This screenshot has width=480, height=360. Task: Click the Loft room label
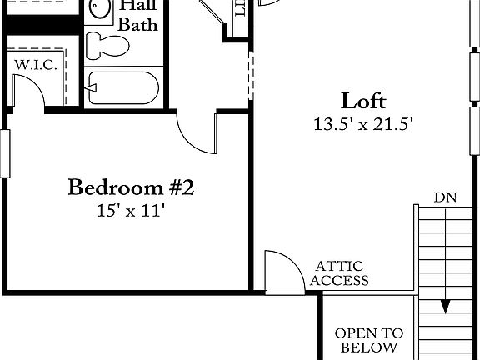tap(363, 102)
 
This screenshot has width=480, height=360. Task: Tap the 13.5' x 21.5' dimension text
tap(363, 125)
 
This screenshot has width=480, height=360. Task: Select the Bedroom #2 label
tap(131, 187)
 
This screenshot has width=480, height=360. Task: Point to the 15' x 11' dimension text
tap(131, 211)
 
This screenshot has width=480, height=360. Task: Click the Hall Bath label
tap(137, 16)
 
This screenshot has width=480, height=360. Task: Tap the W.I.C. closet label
tap(35, 65)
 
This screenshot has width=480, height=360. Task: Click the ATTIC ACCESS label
tap(339, 273)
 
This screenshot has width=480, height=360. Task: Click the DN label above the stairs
tap(444, 197)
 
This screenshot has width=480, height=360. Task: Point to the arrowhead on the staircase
tap(447, 305)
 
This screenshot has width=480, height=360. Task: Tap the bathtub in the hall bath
tap(123, 87)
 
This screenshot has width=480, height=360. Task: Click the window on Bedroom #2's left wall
tap(5, 154)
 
